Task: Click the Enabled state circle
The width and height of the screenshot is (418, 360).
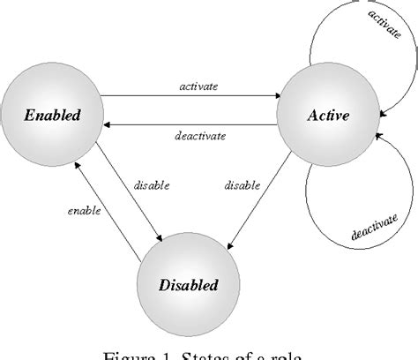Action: point(52,114)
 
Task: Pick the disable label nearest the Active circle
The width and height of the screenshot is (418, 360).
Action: point(242,185)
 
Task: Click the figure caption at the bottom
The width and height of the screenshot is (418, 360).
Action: point(208,353)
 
